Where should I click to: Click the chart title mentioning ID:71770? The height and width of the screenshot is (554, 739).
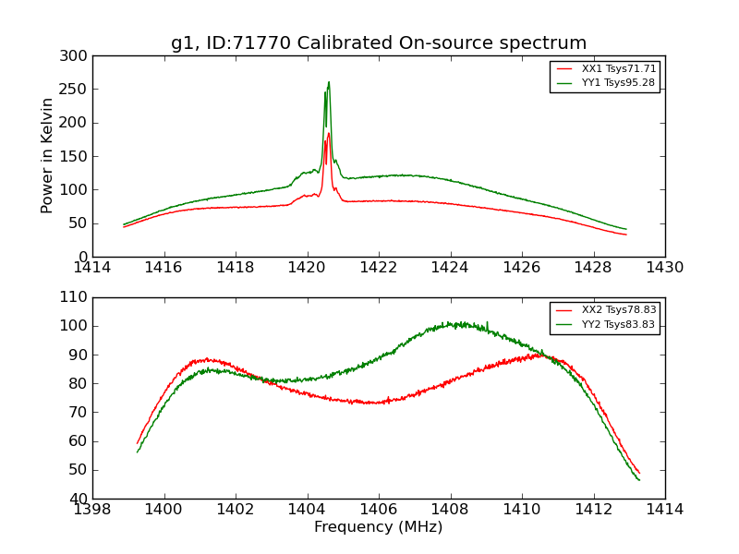pyautogui.click(x=379, y=43)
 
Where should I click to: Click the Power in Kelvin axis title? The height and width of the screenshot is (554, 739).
pyautogui.click(x=47, y=156)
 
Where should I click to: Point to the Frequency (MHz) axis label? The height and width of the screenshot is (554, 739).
pyautogui.click(x=379, y=527)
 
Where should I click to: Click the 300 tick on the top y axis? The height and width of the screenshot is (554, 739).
pyautogui.click(x=76, y=56)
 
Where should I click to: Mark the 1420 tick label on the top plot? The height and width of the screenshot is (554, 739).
pyautogui.click(x=307, y=268)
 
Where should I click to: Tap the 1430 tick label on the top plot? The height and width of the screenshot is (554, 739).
pyautogui.click(x=664, y=268)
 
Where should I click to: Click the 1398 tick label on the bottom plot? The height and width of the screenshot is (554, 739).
pyautogui.click(x=93, y=509)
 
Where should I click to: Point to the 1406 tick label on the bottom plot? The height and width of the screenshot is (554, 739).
pyautogui.click(x=379, y=509)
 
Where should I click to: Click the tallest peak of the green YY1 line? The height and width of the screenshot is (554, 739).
pyautogui.click(x=328, y=82)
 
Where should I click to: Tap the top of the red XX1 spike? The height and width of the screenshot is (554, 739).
pyautogui.click(x=328, y=133)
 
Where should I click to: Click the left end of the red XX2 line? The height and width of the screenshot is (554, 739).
pyautogui.click(x=138, y=444)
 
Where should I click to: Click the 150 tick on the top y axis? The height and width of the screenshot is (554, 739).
pyautogui.click(x=76, y=156)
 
